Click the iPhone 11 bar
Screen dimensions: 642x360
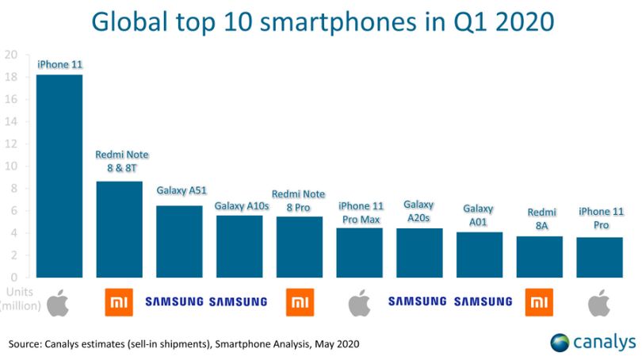(x=59, y=176)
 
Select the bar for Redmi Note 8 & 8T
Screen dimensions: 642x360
(x=120, y=229)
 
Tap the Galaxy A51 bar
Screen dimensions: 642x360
(x=179, y=242)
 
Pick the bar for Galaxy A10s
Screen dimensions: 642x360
(x=239, y=247)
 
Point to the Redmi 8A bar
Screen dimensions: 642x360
(x=540, y=257)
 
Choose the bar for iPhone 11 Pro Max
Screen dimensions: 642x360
(x=360, y=253)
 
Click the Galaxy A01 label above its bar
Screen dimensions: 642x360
(x=478, y=216)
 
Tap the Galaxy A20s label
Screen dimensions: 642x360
(x=418, y=212)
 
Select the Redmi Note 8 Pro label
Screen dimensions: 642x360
(x=299, y=201)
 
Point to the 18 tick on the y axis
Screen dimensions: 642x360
(x=11, y=77)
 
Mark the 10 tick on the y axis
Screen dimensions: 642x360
(x=11, y=166)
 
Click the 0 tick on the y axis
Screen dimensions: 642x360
(x=14, y=278)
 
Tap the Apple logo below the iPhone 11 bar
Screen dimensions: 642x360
(x=58, y=303)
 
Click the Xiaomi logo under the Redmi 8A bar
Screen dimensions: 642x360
(x=539, y=302)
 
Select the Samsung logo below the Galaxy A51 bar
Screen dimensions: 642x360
(x=174, y=302)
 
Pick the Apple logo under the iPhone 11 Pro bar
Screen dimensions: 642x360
(x=599, y=303)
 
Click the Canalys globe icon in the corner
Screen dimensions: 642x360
(x=560, y=343)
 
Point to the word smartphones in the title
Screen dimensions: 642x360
(x=338, y=22)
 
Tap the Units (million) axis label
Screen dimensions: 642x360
(x=21, y=299)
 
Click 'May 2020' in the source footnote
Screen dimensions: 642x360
(x=337, y=344)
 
